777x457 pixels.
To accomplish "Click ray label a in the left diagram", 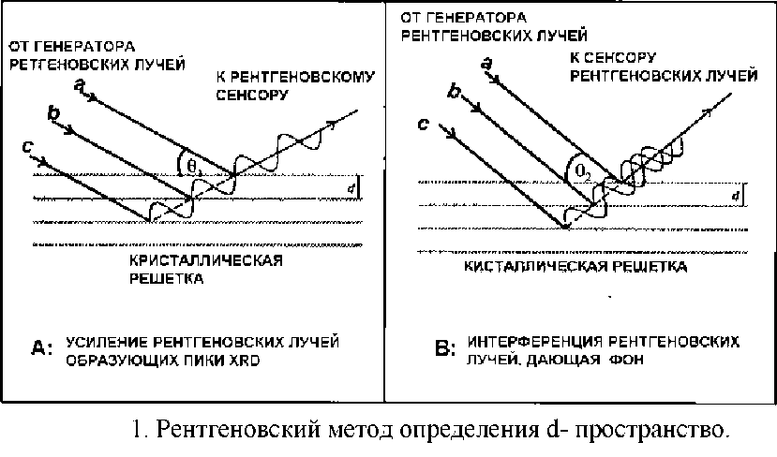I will pos(81,85).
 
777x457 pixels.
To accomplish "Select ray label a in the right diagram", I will pos(486,63).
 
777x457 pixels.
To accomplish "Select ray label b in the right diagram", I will pos(455,91).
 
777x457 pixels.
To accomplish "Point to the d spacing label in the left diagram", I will pos(350,187).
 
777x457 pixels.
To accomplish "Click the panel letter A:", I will pos(42,349).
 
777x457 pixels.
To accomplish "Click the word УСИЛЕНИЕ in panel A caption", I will pos(103,341).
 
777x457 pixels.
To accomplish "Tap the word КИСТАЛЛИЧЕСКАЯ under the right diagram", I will pos(526,267).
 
